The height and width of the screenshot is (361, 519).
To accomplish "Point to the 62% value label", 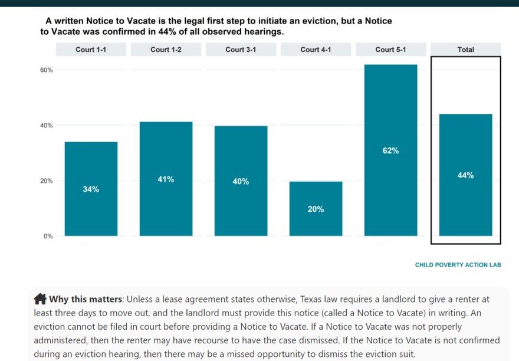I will (390, 151).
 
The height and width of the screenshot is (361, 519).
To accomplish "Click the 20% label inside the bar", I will (316, 209).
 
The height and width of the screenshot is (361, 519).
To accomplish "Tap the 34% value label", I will (91, 189).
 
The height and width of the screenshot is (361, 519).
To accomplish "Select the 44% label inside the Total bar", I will (465, 176).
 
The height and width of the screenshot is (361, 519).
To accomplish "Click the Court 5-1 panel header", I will (390, 50).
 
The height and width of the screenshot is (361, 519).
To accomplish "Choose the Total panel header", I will (465, 50).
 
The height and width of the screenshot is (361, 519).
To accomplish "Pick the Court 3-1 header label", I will (241, 50).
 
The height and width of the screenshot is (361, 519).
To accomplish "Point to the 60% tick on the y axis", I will (46, 70).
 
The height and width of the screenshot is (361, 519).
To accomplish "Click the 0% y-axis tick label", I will (48, 236).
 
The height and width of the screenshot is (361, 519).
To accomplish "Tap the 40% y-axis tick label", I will (46, 126).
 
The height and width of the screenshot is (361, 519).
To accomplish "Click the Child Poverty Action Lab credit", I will (458, 265).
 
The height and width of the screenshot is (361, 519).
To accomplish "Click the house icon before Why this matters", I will (40, 298).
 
